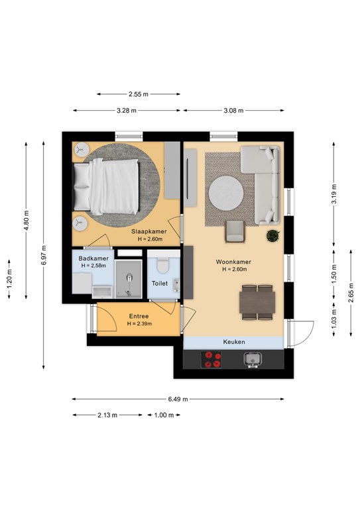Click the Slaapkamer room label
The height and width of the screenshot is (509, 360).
click(149, 231)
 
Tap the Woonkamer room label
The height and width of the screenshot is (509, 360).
click(233, 262)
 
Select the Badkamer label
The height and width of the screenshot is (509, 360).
click(93, 258)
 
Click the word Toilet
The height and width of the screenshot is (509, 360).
click(160, 284)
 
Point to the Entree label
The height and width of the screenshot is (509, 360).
click(139, 316)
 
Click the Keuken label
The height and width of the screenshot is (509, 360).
click(234, 342)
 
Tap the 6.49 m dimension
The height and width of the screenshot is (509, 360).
click(178, 399)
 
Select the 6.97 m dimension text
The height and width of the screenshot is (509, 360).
click(44, 255)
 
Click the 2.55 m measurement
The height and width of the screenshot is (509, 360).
click(139, 94)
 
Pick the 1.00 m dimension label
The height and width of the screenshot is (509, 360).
click(164, 415)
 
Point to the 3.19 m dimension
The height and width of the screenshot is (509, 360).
click(334, 194)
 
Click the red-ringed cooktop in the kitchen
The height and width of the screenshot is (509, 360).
click(211, 360)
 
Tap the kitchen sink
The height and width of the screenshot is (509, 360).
click(253, 360)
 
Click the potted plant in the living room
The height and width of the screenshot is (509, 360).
click(272, 236)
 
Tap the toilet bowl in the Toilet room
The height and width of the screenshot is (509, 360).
click(162, 266)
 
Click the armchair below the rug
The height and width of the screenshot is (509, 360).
click(235, 232)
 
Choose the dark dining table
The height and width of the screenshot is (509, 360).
click(257, 302)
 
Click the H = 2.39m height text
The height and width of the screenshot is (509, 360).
click(139, 323)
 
